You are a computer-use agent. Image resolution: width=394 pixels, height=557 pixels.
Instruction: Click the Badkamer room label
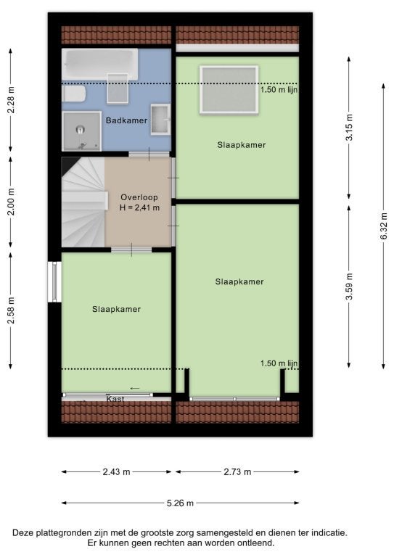click(x=126, y=120)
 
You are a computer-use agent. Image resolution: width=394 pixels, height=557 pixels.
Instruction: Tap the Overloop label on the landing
click(x=139, y=197)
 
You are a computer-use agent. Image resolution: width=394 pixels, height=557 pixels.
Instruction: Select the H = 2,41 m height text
click(x=139, y=207)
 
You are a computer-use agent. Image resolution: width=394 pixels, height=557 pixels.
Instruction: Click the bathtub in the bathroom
click(x=100, y=64)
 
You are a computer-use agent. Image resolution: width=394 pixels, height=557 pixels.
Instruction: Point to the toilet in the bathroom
click(x=73, y=94)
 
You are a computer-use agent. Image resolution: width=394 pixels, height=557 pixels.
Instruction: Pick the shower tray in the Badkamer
click(x=81, y=131)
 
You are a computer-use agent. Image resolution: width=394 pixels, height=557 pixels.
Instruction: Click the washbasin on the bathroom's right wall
click(x=160, y=120)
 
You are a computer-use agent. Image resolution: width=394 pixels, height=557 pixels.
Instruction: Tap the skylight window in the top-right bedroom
click(x=229, y=89)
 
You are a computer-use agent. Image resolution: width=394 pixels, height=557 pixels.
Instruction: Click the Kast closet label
click(x=115, y=400)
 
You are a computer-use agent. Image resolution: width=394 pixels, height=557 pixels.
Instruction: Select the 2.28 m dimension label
click(x=12, y=100)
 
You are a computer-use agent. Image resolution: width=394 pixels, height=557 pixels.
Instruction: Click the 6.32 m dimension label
click(x=384, y=226)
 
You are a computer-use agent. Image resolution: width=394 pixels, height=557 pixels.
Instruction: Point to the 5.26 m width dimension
click(x=180, y=503)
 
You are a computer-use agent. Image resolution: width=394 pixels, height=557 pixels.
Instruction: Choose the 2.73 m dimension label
click(x=237, y=471)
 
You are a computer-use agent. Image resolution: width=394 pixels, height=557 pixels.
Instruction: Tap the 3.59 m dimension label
click(x=349, y=286)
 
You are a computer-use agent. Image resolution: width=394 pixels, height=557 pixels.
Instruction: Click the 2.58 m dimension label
click(x=12, y=311)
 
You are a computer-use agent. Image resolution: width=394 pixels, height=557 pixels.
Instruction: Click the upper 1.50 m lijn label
click(x=279, y=89)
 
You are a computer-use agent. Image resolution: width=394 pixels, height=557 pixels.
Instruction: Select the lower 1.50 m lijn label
click(x=279, y=363)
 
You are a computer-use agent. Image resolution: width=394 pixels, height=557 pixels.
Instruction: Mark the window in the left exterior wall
click(x=54, y=281)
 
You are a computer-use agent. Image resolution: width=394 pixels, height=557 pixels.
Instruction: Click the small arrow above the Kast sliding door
click(x=135, y=388)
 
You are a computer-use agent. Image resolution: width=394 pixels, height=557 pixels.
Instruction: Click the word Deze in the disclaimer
click(x=22, y=533)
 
